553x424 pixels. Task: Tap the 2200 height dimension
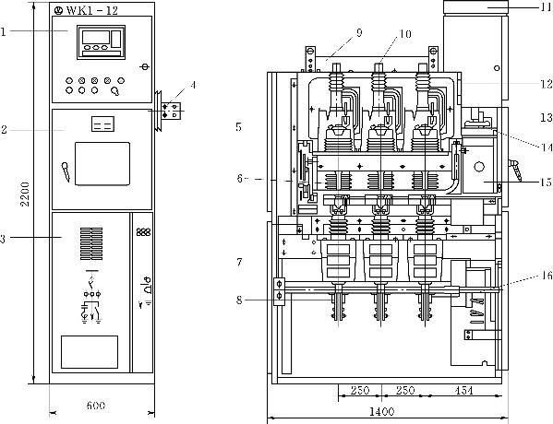click(x=25, y=194)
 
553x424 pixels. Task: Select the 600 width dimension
click(x=96, y=406)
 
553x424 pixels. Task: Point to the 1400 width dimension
click(x=381, y=411)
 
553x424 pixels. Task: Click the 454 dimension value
click(x=463, y=390)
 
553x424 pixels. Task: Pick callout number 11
click(x=547, y=6)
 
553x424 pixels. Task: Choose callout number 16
click(x=547, y=276)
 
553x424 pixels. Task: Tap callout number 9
click(x=359, y=33)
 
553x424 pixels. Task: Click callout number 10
click(x=405, y=34)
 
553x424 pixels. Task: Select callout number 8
click(x=239, y=300)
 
